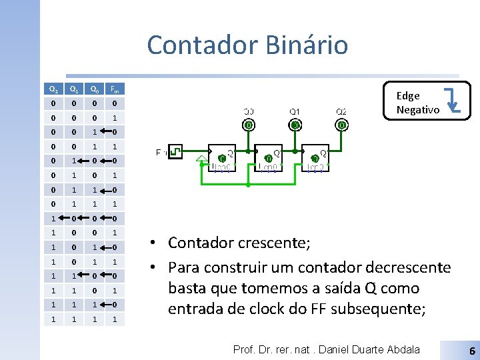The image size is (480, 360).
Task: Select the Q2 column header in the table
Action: coord(53,89)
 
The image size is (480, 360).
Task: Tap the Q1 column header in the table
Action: coord(74,89)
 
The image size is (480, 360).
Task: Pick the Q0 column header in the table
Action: coord(95,89)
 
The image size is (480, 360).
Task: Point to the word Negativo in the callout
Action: coord(417,110)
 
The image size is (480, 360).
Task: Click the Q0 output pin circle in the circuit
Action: coord(249,125)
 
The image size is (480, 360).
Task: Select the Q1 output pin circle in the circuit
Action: coord(295,125)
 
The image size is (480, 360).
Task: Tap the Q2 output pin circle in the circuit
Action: coord(341,125)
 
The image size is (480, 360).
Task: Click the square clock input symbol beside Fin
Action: coord(175,153)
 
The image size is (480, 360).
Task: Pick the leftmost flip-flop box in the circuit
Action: coord(221,158)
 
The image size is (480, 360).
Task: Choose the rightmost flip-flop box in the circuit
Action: coord(314,158)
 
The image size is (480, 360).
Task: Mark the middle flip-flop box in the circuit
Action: coord(267,158)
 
